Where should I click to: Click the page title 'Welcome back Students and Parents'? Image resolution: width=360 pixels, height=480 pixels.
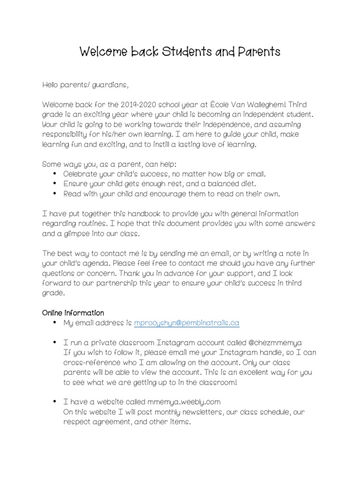pyautogui.click(x=180, y=52)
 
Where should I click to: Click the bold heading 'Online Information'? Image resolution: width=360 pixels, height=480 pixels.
pyautogui.click(x=73, y=313)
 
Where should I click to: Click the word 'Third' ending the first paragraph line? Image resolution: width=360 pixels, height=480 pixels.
pyautogui.click(x=296, y=104)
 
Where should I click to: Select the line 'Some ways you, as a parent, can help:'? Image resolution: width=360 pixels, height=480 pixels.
pyautogui.click(x=110, y=164)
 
